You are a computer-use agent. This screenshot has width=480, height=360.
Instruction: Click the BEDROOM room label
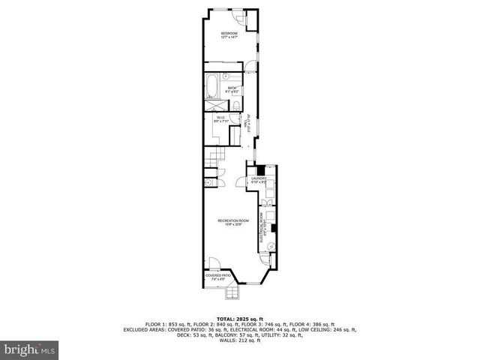point(229,36)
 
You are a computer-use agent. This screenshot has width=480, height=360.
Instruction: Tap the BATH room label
point(223,89)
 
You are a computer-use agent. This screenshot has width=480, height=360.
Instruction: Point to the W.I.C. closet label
point(220,119)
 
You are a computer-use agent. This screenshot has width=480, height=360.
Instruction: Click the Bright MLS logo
point(30,349)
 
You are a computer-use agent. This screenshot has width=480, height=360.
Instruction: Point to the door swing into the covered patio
point(214,264)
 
